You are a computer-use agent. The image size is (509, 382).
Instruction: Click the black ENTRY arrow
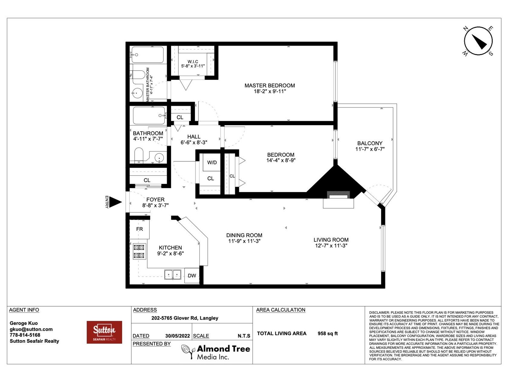[x=115, y=202]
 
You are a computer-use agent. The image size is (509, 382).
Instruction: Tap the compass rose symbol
[x=478, y=41]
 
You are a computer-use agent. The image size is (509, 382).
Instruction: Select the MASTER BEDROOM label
[x=270, y=86]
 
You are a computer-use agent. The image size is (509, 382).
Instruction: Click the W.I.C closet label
[x=193, y=62]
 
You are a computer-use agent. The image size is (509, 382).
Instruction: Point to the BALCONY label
[x=370, y=143]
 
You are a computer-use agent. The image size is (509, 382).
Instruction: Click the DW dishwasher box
[x=192, y=276]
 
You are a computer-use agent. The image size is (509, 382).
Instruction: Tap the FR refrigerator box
[x=139, y=229]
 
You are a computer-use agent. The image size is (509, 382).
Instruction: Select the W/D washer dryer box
[x=212, y=162]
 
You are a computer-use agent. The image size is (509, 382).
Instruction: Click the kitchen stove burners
[x=139, y=251]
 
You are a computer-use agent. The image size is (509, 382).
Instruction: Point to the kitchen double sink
[x=173, y=275]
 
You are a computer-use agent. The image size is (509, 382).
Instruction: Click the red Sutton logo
[x=104, y=332]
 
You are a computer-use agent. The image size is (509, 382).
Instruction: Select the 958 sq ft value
[x=328, y=334]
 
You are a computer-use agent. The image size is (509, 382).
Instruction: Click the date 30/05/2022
[x=178, y=336]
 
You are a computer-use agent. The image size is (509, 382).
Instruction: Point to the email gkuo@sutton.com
[x=31, y=329]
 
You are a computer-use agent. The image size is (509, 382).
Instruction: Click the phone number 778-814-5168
[x=25, y=335]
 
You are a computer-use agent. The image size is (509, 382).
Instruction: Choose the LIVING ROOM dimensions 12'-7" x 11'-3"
[x=331, y=246]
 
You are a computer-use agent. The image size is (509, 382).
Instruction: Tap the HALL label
[x=194, y=137]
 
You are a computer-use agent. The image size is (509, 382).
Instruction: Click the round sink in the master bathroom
[x=137, y=93]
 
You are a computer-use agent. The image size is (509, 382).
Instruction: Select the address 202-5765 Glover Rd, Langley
[x=185, y=318]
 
